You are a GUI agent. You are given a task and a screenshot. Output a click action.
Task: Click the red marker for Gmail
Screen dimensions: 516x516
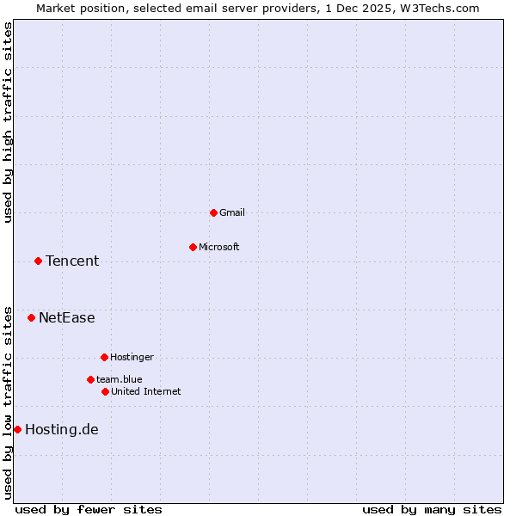[213, 212]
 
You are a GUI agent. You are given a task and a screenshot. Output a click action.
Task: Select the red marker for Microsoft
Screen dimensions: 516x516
[193, 247]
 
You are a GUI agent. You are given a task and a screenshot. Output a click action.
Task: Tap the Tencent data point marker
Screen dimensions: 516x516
[38, 261]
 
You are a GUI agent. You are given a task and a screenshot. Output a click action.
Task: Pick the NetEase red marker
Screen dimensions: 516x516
[31, 317]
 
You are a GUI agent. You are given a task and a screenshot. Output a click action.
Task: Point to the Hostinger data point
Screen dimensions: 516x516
[104, 357]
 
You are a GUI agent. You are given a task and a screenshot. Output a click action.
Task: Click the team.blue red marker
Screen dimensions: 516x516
[90, 379]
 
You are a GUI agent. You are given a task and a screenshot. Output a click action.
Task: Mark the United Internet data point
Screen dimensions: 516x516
[105, 391]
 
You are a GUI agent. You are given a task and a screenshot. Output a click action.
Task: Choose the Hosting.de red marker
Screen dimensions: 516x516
[17, 429]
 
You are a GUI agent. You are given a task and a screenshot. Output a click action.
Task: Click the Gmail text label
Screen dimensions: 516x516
[232, 212]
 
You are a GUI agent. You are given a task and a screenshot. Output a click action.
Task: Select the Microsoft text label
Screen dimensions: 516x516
[219, 247]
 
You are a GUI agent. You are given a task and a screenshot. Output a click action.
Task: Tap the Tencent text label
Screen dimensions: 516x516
[72, 261]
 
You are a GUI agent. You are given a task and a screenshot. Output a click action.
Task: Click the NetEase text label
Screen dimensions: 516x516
[67, 317]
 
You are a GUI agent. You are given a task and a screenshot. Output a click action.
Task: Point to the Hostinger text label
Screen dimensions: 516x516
[132, 357]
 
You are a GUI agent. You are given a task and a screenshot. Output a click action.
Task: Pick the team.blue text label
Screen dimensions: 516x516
[120, 379]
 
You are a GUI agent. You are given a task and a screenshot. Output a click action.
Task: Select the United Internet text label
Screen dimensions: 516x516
[146, 391]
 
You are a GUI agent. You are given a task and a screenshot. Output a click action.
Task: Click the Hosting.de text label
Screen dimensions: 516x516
[62, 429]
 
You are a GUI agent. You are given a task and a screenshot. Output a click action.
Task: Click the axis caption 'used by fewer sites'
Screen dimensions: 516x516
[89, 509]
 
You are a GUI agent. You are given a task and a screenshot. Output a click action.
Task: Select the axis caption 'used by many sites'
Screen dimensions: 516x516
[432, 509]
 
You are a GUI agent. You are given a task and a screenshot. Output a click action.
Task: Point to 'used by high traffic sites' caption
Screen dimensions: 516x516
[8, 122]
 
